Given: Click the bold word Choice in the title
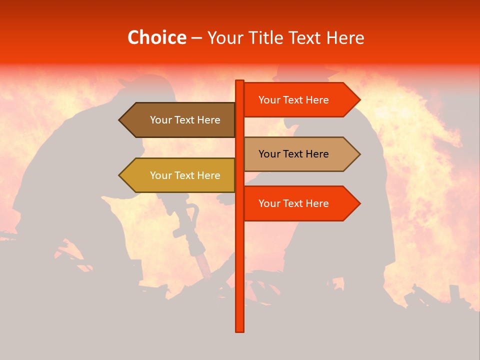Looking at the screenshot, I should pos(156,37).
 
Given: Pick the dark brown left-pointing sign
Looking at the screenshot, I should pos(180,120).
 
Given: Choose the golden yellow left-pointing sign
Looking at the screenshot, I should pos(180,175).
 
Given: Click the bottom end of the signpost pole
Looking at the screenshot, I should pos(240,330).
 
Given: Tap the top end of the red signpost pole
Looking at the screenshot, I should pos(240,81).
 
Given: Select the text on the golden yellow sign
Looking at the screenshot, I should pos(185,175).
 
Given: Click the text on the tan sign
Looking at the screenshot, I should pos(293,154).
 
